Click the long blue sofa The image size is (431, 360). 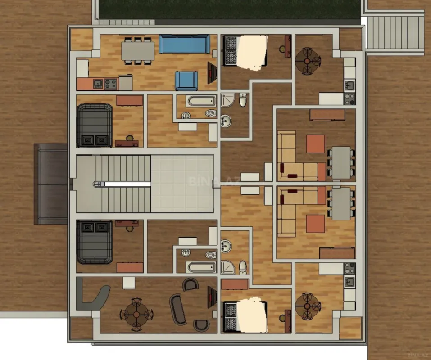click(184, 44)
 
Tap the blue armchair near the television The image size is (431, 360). click(186, 81)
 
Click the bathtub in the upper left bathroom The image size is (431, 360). click(201, 101)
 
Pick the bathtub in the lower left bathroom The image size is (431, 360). click(201, 267)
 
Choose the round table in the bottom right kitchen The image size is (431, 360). click(308, 306)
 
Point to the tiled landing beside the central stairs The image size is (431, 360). click(182, 184)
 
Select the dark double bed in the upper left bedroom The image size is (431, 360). click(94, 126)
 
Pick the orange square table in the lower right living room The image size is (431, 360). click(315, 224)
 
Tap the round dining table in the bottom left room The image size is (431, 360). click(136, 314)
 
